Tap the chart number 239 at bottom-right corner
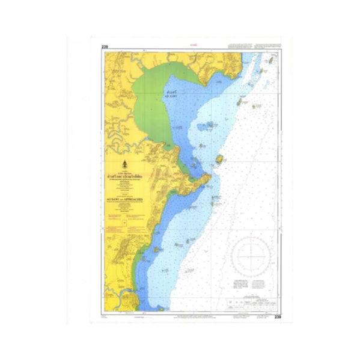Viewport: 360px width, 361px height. (x=277, y=317)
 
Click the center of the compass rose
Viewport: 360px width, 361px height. (x=253, y=255)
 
